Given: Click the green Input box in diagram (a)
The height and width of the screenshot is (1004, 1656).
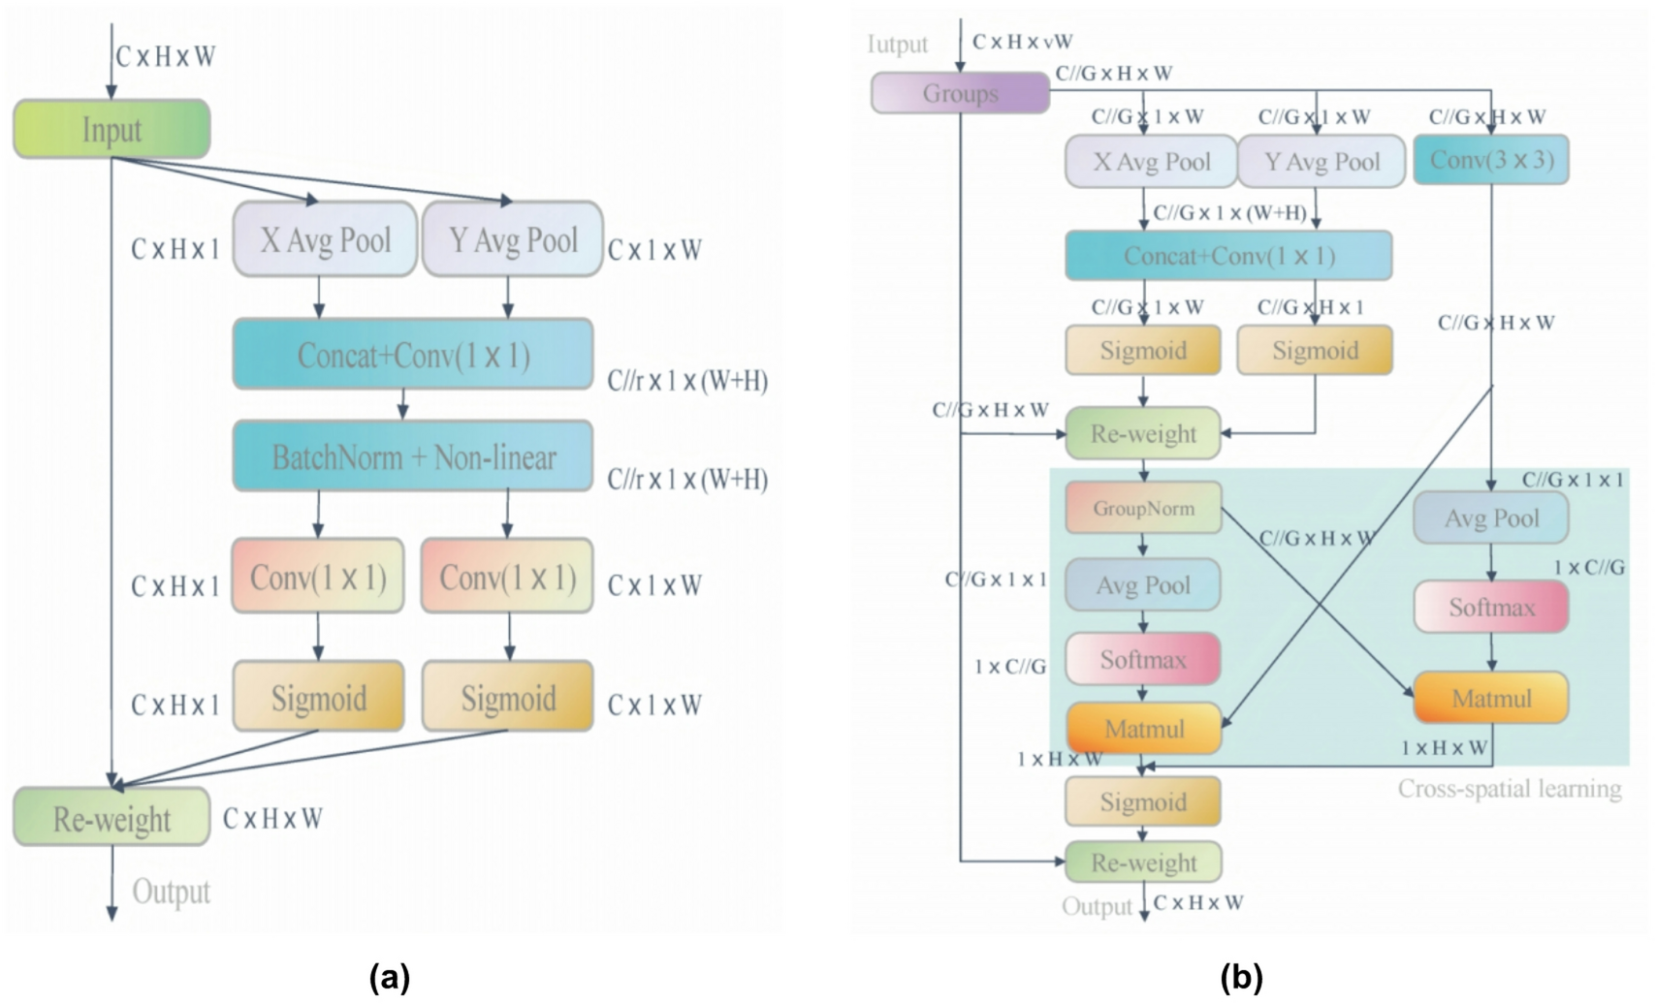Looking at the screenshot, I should coord(111,129).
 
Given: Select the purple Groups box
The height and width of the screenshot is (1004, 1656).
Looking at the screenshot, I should coord(960,94).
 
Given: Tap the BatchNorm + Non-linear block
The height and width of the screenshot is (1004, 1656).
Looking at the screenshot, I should coord(413,456).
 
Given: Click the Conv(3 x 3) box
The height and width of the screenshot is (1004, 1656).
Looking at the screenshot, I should coord(1491,160).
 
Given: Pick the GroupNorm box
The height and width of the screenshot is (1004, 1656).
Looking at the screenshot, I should coord(1143,508).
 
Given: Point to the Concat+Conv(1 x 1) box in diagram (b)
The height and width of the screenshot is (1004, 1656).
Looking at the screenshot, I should coord(1228,256).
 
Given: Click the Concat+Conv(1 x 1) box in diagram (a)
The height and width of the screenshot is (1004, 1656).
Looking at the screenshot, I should coord(413,355).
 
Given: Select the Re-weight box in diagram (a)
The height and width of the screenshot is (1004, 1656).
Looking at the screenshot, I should coord(111,818).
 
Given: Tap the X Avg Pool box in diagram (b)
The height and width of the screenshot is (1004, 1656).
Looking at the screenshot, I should coord(1151,162).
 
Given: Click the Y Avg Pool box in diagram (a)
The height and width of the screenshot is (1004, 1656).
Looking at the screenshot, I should coord(513,239).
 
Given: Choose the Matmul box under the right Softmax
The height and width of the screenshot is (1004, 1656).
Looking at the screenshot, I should coord(1491,698).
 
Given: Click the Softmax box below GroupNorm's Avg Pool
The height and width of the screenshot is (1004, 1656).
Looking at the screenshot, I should coord(1143,659).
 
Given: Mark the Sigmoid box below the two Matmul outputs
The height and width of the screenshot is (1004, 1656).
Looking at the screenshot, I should coord(1143,801).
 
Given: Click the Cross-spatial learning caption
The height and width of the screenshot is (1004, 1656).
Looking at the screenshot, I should coord(1509,789).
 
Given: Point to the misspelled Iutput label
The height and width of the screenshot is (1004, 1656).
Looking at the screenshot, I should coord(897,45).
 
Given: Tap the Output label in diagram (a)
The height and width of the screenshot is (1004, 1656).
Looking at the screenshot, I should coord(171,892).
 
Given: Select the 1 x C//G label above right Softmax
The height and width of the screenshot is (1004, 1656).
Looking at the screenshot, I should coord(1589,567).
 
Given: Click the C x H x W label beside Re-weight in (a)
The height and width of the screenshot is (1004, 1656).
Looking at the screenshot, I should coord(272,819).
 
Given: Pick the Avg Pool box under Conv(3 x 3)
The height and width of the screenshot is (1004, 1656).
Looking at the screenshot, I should coord(1491,518).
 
